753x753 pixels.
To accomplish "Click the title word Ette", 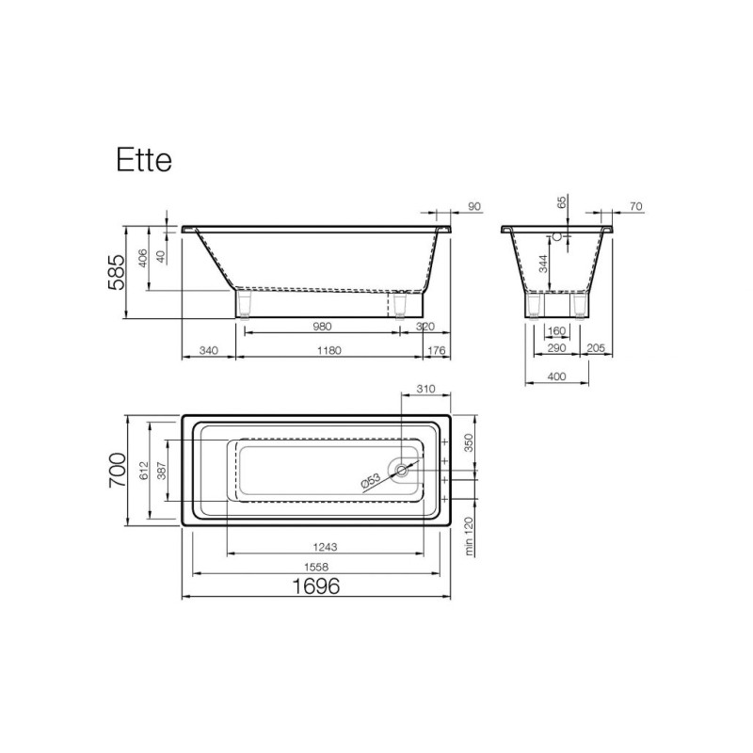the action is pyautogui.click(x=144, y=160).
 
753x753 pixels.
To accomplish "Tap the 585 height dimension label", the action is pyautogui.click(x=117, y=272).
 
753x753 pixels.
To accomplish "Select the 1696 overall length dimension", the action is pyautogui.click(x=316, y=585).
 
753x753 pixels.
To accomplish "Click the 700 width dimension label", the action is pyautogui.click(x=118, y=470).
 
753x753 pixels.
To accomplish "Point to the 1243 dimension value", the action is pyautogui.click(x=325, y=547).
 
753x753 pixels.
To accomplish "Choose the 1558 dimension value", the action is pyautogui.click(x=316, y=568).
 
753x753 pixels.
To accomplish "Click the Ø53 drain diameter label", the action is pyautogui.click(x=371, y=480).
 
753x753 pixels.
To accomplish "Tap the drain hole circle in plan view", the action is pyautogui.click(x=402, y=470).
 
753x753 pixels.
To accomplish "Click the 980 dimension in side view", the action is pyautogui.click(x=322, y=327).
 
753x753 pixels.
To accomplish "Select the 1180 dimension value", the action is pyautogui.click(x=329, y=350).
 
